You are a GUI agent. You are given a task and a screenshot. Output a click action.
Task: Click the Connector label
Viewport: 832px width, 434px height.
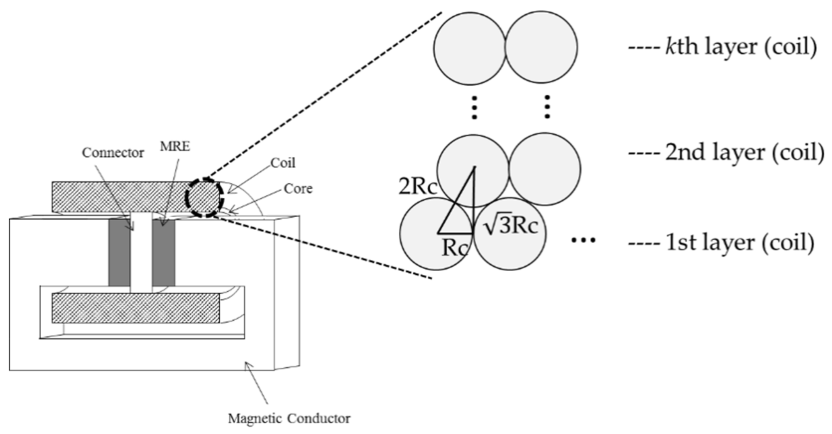click(113, 153)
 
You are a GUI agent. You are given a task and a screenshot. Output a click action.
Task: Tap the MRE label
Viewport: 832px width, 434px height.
click(175, 146)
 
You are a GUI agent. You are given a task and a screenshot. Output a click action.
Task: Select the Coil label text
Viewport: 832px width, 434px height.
click(283, 163)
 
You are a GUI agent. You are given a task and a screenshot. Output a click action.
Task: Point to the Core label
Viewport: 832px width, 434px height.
click(298, 189)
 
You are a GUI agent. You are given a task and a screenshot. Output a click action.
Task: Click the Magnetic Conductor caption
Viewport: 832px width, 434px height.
click(289, 418)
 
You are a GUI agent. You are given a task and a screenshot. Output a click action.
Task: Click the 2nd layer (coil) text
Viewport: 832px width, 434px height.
click(745, 152)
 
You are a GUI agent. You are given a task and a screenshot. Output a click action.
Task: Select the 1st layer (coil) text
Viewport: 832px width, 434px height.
click(740, 243)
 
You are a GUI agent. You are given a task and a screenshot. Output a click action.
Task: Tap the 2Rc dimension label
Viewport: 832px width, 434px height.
click(417, 187)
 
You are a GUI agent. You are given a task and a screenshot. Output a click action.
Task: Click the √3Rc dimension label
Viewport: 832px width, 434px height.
click(511, 226)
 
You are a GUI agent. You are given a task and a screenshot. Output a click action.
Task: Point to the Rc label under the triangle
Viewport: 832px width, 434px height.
click(454, 248)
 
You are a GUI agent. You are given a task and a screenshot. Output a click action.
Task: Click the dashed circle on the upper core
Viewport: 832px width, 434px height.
click(204, 197)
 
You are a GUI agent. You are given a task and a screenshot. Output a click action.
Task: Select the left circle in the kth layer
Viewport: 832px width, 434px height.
click(470, 49)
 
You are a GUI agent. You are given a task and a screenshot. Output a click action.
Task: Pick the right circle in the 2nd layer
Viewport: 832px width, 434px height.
click(545, 169)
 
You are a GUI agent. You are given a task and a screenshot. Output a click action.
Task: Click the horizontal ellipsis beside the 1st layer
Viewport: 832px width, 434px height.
click(583, 240)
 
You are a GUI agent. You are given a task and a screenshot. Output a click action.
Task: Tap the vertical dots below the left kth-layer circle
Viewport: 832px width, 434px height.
click(474, 107)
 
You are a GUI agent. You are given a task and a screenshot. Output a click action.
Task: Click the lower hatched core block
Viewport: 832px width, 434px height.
click(136, 308)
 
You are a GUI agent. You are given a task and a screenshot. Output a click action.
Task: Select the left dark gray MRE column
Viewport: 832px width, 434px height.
click(119, 252)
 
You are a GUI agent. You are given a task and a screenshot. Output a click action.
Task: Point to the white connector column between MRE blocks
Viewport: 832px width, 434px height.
click(141, 252)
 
